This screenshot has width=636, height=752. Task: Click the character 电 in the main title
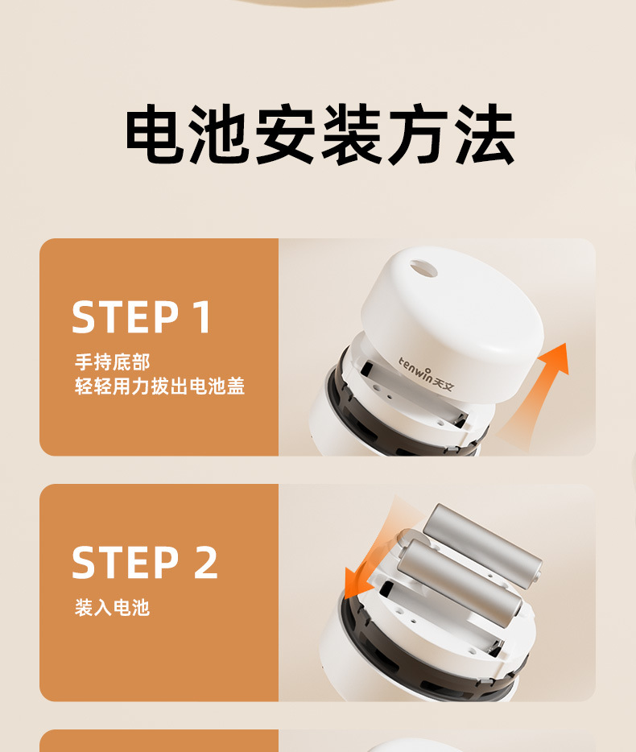(x=155, y=134)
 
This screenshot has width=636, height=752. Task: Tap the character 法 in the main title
(x=485, y=134)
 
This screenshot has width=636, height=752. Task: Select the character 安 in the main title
(x=285, y=134)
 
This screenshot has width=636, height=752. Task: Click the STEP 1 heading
(x=141, y=316)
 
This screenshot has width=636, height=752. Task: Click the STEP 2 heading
(x=145, y=562)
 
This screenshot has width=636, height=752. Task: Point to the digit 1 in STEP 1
(x=203, y=316)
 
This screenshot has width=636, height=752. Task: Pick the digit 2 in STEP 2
(x=206, y=562)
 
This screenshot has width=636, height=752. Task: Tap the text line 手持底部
(x=112, y=362)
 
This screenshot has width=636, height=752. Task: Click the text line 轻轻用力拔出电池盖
(x=159, y=386)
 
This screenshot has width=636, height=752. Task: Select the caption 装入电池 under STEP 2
(x=112, y=608)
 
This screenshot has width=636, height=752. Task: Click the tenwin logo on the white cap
(x=426, y=374)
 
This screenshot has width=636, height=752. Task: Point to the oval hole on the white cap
(x=423, y=269)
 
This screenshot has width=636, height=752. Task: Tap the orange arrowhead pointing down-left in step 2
(x=357, y=584)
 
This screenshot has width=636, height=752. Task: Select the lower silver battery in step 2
(x=460, y=583)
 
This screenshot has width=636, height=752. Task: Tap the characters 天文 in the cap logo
(x=443, y=382)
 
